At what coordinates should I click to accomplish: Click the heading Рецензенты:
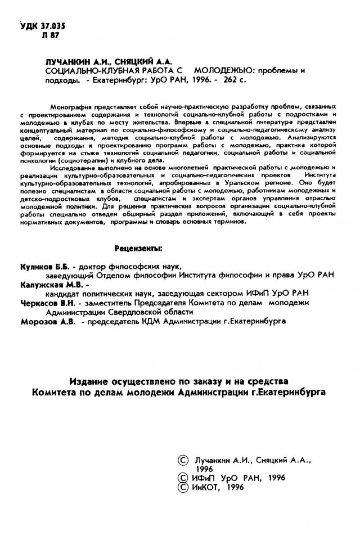click(x=138, y=248)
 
